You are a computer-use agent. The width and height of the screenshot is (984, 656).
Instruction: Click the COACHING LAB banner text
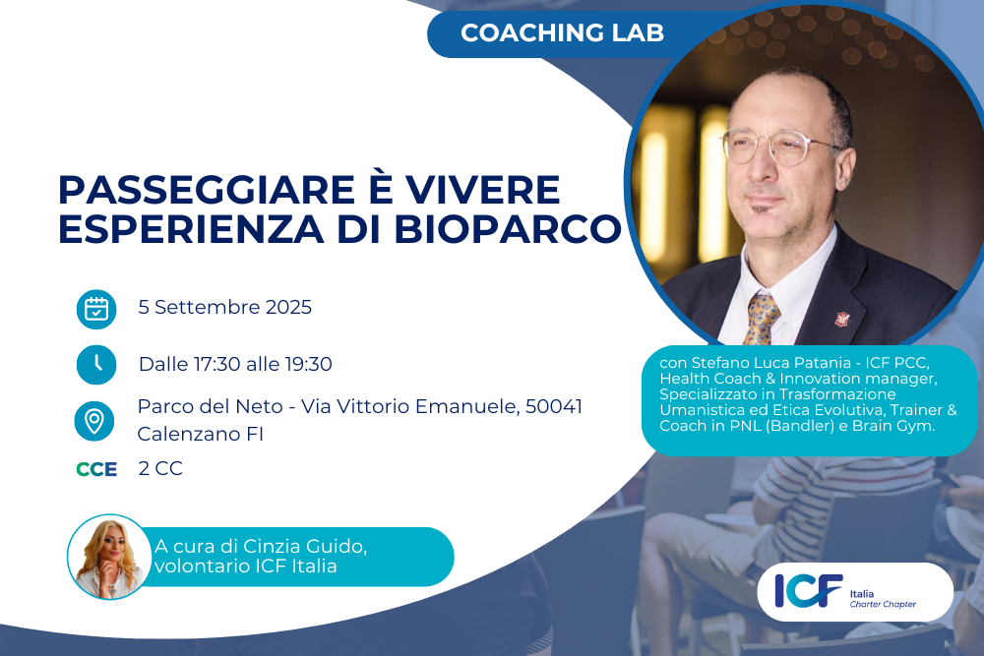pyautogui.click(x=562, y=32)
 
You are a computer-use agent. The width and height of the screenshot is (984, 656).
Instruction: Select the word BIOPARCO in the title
pyautogui.click(x=508, y=229)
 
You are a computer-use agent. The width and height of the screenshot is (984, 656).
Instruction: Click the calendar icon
pyautogui.click(x=96, y=309)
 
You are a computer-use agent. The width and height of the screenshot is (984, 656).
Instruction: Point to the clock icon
pyautogui.click(x=96, y=364)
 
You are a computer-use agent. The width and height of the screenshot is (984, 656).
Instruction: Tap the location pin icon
pyautogui.click(x=94, y=421)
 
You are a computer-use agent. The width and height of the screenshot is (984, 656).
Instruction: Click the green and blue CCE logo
pyautogui.click(x=96, y=469)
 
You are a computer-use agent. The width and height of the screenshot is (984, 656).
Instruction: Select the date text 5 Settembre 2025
pyautogui.click(x=224, y=307)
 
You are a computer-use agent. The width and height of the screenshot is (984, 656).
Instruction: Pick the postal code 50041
pyautogui.click(x=554, y=406)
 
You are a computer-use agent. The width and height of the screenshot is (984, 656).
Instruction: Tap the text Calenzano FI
pyautogui.click(x=200, y=434)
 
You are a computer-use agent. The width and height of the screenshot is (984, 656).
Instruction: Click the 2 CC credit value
pyautogui.click(x=160, y=468)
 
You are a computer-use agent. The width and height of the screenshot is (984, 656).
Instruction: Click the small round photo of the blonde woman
pyautogui.click(x=109, y=557)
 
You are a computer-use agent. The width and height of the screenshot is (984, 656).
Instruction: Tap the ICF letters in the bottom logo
pyautogui.click(x=808, y=591)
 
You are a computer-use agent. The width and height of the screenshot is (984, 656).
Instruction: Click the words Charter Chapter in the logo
pyautogui.click(x=883, y=604)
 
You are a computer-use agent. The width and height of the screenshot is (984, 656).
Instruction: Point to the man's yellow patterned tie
pyautogui.click(x=762, y=318)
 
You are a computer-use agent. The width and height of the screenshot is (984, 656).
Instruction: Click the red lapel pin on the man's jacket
pyautogui.click(x=841, y=320)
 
